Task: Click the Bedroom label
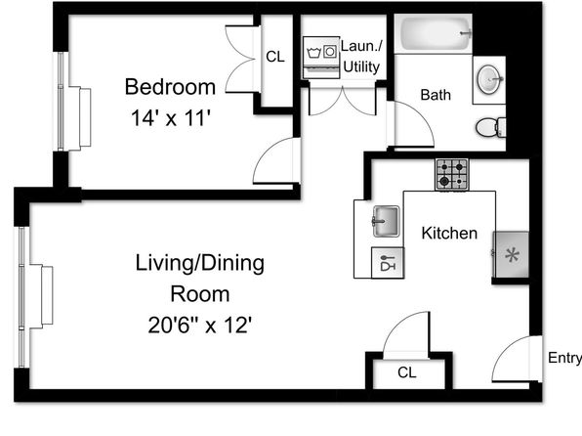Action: (170, 87)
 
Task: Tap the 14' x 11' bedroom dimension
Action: (171, 118)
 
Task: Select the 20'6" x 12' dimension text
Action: (200, 325)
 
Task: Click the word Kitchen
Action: (449, 233)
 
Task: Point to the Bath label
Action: (436, 95)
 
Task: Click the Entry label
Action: (564, 358)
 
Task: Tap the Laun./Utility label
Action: (361, 57)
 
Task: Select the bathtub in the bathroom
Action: (434, 33)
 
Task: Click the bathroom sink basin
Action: (489, 79)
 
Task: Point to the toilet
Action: (490, 128)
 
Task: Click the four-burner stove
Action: (452, 175)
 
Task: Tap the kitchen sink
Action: (386, 222)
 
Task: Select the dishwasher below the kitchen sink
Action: (388, 262)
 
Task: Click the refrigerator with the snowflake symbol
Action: (511, 255)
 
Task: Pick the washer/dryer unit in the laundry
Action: (321, 58)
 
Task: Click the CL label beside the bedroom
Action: (275, 57)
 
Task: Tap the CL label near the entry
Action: (407, 372)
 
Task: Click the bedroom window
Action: (61, 101)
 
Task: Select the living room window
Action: (21, 296)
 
